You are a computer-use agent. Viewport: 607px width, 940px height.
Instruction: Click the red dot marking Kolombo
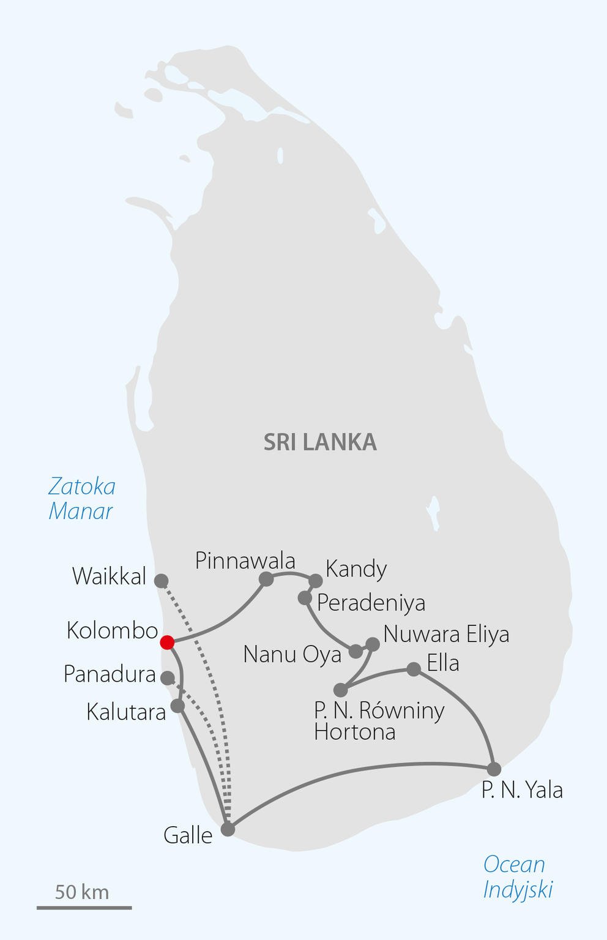[x=167, y=642]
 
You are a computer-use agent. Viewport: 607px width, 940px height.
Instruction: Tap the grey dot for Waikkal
[x=161, y=580]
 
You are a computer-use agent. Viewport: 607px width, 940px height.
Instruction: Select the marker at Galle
[x=228, y=829]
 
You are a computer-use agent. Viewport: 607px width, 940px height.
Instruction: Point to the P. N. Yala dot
[x=494, y=769]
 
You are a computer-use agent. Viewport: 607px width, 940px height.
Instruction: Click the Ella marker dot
[x=414, y=669]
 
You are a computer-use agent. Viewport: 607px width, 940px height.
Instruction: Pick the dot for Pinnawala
[x=266, y=578]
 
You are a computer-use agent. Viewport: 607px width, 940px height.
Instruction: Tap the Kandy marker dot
[x=315, y=580]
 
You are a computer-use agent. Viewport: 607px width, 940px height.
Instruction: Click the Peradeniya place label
[x=371, y=603]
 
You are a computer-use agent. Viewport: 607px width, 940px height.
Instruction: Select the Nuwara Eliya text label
[x=446, y=634]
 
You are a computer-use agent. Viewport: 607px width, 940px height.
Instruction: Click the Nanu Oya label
[x=292, y=654]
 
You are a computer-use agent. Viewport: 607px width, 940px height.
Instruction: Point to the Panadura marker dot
[x=167, y=677]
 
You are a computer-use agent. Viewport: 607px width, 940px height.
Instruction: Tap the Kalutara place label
[x=126, y=712]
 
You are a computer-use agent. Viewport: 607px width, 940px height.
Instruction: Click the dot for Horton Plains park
[x=341, y=690]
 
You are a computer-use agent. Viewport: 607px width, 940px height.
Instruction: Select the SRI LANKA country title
[x=320, y=442]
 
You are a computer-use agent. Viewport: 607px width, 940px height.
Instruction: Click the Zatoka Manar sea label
[x=81, y=499]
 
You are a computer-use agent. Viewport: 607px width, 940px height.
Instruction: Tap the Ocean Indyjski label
[x=517, y=876]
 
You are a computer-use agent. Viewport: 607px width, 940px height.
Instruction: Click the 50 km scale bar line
[x=84, y=908]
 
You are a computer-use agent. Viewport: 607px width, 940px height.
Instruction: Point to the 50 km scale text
[x=82, y=892]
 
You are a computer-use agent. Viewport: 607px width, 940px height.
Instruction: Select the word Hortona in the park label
[x=354, y=732]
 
